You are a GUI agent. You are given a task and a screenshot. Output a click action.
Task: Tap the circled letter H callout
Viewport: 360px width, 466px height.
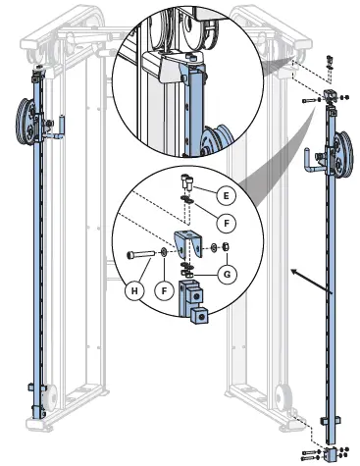pos(134,288)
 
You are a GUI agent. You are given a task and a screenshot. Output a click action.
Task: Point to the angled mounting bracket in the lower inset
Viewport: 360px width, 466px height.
pos(185,245)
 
